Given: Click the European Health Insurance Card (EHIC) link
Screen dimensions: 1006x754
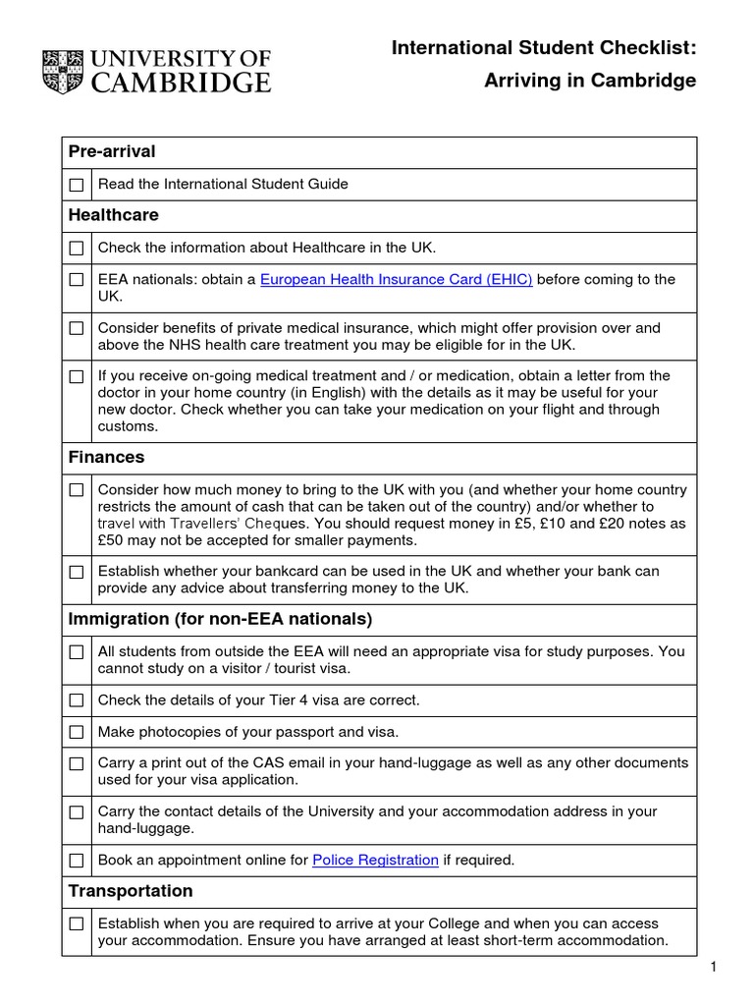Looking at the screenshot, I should click(396, 279).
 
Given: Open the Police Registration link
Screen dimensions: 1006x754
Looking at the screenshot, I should click(375, 860).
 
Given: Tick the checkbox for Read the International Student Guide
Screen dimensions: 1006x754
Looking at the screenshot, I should click(77, 185).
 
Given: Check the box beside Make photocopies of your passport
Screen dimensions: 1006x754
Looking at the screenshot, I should click(77, 732).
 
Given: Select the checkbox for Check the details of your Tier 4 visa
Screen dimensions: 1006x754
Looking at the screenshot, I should click(77, 700).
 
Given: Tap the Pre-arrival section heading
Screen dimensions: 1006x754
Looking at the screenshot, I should click(112, 151).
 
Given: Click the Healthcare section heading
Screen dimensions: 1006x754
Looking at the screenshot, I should click(113, 215).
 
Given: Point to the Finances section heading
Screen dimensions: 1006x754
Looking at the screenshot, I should click(106, 457).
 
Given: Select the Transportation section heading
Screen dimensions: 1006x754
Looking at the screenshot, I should click(131, 891).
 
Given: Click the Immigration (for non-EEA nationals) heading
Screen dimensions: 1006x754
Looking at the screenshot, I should click(220, 619).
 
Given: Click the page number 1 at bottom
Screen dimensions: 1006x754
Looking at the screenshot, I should click(715, 968).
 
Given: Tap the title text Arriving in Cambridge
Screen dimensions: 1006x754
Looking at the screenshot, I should click(590, 81).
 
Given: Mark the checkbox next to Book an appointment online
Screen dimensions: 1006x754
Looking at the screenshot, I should click(77, 861).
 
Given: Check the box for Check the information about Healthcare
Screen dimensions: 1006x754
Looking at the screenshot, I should click(77, 248).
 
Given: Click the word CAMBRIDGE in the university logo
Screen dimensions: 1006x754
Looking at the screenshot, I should click(180, 83).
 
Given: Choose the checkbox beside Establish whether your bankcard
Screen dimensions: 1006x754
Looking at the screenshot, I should click(77, 572).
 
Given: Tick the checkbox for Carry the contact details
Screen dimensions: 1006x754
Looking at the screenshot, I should click(77, 812).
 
